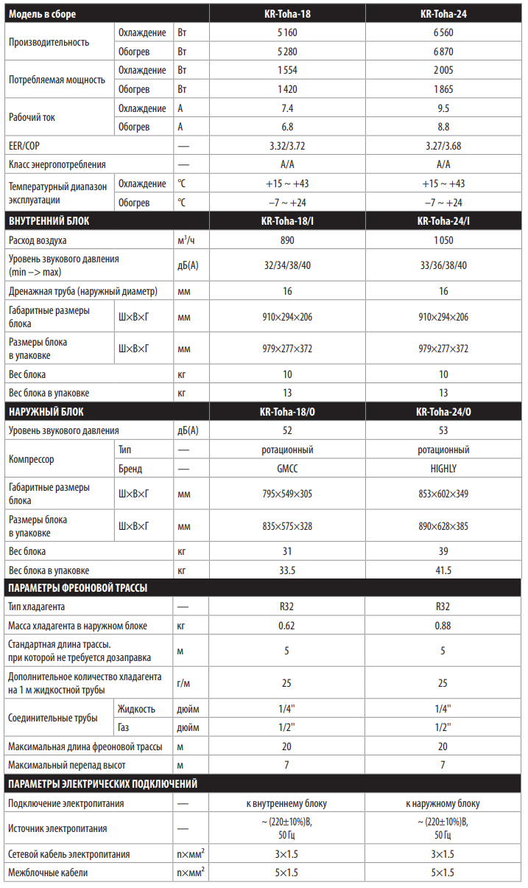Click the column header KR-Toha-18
click(x=286, y=13)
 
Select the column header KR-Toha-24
click(x=443, y=13)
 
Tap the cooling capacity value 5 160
click(x=286, y=32)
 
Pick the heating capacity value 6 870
click(x=443, y=52)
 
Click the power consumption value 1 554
click(x=286, y=71)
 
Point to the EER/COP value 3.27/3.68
click(x=443, y=146)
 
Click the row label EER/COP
click(x=24, y=146)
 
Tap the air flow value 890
click(x=286, y=240)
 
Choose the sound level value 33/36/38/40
click(x=443, y=265)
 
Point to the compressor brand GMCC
click(x=286, y=469)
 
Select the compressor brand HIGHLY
click(x=443, y=469)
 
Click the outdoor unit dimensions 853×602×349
click(x=443, y=494)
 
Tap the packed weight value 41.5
click(x=443, y=570)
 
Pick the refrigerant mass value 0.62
click(x=286, y=626)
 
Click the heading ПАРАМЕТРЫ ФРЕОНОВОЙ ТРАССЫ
click(x=77, y=588)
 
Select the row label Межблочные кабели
click(x=48, y=873)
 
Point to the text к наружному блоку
click(x=443, y=803)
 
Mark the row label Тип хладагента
click(x=37, y=606)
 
